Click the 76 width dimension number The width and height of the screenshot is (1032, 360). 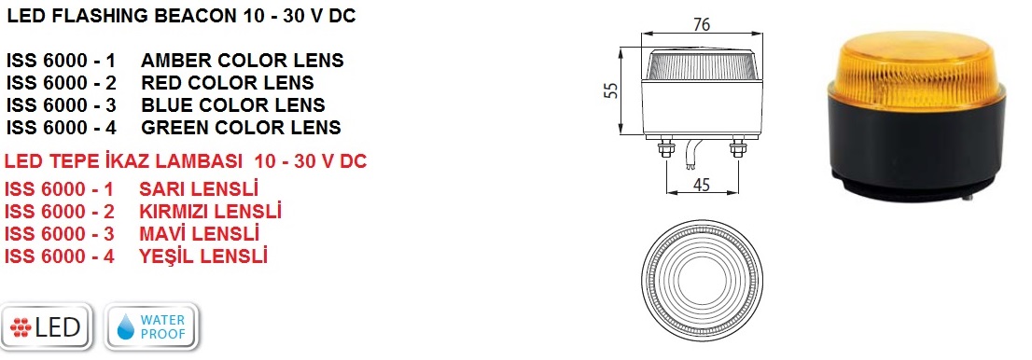pyautogui.click(x=703, y=24)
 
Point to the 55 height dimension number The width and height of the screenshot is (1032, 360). pyautogui.click(x=611, y=90)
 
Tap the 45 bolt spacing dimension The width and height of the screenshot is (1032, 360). pyautogui.click(x=703, y=185)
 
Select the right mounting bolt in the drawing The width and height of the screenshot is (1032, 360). pyautogui.click(x=738, y=148)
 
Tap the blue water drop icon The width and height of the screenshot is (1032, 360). pyautogui.click(x=126, y=327)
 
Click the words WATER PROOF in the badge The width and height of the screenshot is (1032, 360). pyautogui.click(x=163, y=327)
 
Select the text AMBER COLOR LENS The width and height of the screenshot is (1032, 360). pyautogui.click(x=243, y=61)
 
